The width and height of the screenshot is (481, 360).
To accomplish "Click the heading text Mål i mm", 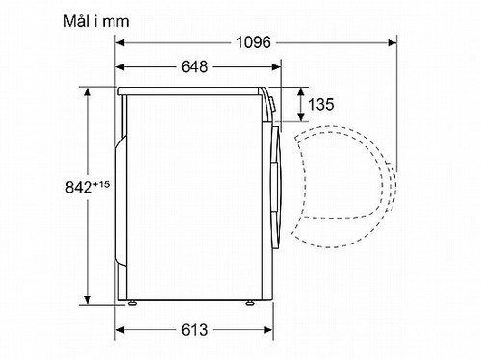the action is (96, 22).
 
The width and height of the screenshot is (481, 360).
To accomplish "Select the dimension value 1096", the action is (253, 42).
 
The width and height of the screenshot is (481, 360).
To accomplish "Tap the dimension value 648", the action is (194, 66).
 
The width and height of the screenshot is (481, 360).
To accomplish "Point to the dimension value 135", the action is (320, 104).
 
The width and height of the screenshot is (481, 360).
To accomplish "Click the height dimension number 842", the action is (79, 187).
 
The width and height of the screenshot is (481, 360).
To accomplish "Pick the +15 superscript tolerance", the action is (101, 184).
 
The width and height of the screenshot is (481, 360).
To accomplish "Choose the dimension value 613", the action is (194, 330).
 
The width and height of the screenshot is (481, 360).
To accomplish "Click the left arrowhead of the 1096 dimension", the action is (120, 42).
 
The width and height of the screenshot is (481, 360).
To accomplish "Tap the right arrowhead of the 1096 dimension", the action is (392, 42).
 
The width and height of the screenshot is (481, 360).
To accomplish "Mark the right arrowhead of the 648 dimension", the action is (276, 67).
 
